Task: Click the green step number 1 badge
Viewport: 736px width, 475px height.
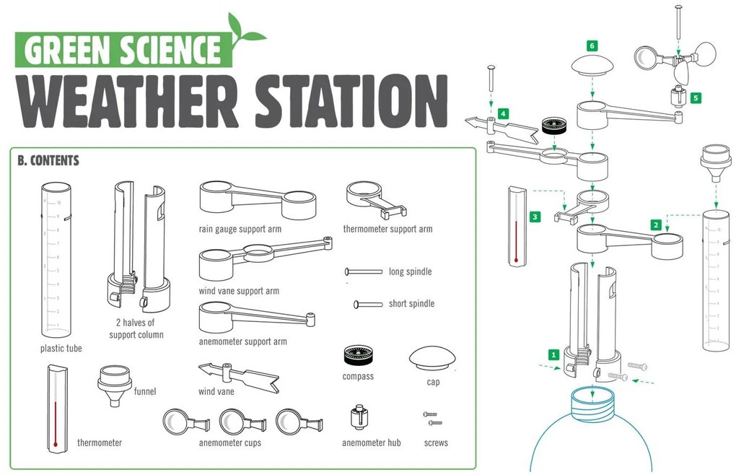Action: coord(553,354)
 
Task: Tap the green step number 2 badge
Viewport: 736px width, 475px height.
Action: coord(656,225)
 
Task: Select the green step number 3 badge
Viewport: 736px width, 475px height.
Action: coord(534,216)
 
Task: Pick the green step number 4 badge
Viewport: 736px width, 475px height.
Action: coord(503,113)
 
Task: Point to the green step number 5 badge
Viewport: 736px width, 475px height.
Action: coord(695,97)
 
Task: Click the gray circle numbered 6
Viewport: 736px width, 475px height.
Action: coord(592,45)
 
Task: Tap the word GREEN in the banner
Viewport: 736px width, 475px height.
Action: coord(68,51)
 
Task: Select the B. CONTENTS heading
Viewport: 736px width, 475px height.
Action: coord(48,160)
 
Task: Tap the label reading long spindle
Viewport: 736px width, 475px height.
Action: coord(410,271)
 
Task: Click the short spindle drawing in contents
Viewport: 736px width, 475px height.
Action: coord(368,304)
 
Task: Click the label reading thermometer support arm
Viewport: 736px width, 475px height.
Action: coord(387,229)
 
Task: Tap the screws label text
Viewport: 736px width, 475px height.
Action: coord(436,443)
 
